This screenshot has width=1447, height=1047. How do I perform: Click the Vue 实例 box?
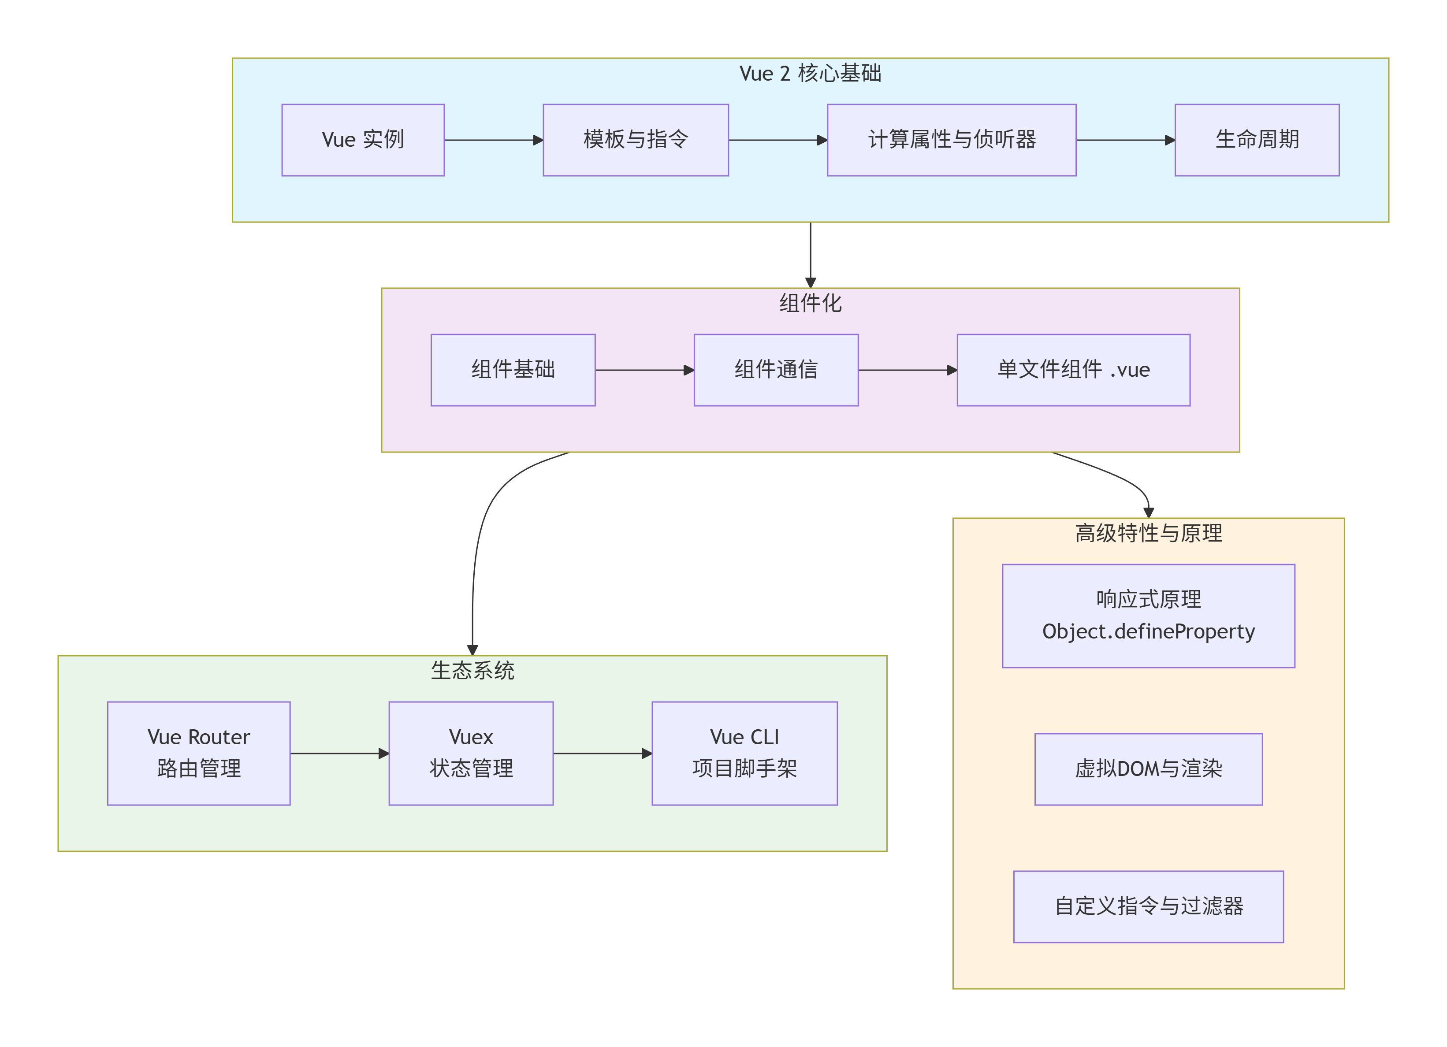pos(363,140)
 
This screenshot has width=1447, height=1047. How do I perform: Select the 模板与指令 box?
pos(636,140)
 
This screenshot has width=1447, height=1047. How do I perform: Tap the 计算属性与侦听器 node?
pos(951,140)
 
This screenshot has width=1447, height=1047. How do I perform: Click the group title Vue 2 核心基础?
pos(810,74)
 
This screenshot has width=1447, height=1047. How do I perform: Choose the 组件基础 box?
pos(513,370)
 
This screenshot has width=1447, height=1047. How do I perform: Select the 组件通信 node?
pos(776,370)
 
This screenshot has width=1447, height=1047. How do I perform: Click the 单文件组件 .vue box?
pos(1073,370)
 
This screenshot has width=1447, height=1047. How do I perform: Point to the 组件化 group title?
pos(810,303)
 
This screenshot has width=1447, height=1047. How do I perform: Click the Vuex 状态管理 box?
pos(471,754)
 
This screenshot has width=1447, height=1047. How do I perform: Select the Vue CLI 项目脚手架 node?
pos(744,754)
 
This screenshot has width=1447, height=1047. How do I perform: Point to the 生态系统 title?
pos(472,671)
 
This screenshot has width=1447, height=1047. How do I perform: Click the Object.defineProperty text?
pos(1149,631)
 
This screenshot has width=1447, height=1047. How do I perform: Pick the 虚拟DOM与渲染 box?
pos(1149,769)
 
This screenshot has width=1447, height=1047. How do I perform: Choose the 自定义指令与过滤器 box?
pos(1149,906)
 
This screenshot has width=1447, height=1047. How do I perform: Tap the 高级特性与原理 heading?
pos(1149,533)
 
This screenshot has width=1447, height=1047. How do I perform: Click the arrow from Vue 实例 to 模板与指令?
pos(493,140)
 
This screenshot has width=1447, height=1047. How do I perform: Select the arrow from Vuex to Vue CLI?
pos(602,754)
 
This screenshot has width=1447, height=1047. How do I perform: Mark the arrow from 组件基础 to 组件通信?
pos(644,370)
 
